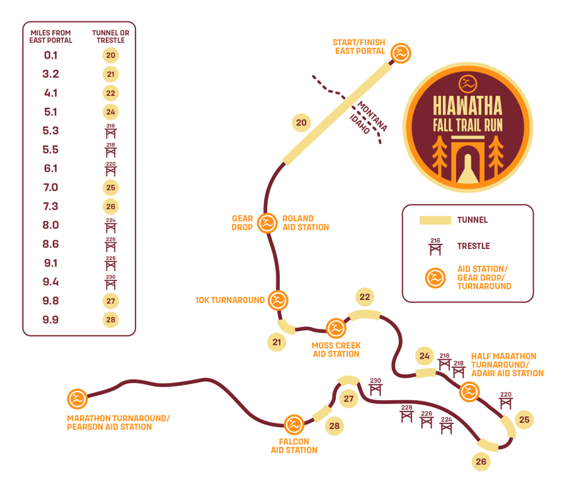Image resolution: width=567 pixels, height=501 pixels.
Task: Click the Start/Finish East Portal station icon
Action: pos(401,53)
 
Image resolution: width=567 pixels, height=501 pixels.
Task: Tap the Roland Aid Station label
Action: pos(306,223)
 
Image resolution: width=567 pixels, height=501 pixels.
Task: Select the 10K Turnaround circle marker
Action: pos(278,300)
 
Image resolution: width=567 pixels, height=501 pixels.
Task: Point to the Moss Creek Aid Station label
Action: pos(336,350)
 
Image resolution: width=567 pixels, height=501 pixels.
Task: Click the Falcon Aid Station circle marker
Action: pos(294,425)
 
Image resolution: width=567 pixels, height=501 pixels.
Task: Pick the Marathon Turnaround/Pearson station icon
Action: pos(77,399)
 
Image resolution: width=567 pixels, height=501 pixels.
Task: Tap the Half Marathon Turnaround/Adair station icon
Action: pos(469,392)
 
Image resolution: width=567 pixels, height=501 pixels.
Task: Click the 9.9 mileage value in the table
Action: pos(50,320)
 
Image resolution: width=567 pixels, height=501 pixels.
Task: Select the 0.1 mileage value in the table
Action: pos(50,55)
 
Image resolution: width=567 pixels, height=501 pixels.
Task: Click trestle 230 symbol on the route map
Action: pos(375,386)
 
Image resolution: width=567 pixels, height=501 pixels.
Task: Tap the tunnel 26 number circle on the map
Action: pos(481,461)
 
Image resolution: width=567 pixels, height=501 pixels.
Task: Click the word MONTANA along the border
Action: pos(372,116)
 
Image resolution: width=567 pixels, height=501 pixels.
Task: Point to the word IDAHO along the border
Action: pos(360,124)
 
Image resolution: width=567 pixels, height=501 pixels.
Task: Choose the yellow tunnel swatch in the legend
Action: pos(435,221)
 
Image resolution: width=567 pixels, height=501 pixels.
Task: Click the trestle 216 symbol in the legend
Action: pos(435,246)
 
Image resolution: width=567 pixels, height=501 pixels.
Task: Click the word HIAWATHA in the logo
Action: pos(467,106)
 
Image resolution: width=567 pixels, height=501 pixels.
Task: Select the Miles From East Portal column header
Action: pos(50,37)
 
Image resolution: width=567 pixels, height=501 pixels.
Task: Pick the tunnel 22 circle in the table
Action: pos(111,93)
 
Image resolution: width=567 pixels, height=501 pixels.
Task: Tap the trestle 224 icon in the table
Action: pos(111,226)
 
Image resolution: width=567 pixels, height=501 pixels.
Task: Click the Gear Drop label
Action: pos(243,223)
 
